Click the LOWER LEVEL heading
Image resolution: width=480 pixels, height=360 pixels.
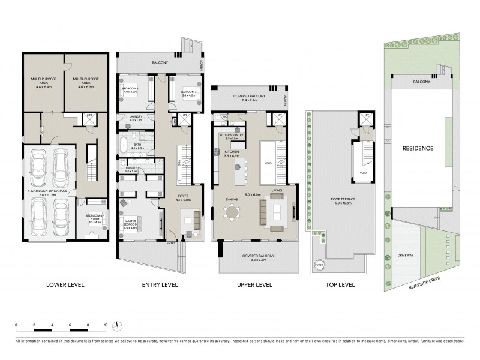point(64,284)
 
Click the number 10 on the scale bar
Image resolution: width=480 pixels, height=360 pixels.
point(106,325)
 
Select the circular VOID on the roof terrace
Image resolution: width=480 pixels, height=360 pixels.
point(317,263)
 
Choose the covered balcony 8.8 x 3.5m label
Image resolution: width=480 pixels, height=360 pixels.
point(254,257)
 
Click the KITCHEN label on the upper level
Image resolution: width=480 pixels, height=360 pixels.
point(231,153)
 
